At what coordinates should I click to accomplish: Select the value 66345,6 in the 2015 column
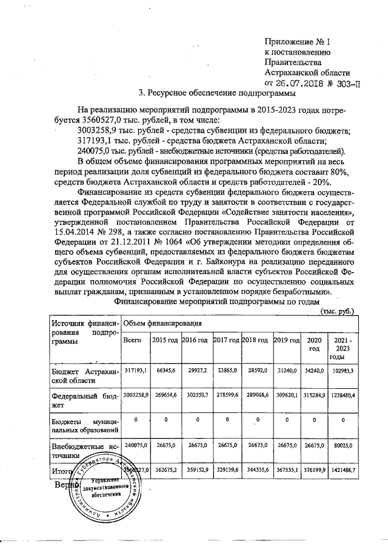pos(166,369)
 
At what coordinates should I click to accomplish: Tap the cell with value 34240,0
pos(314,369)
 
